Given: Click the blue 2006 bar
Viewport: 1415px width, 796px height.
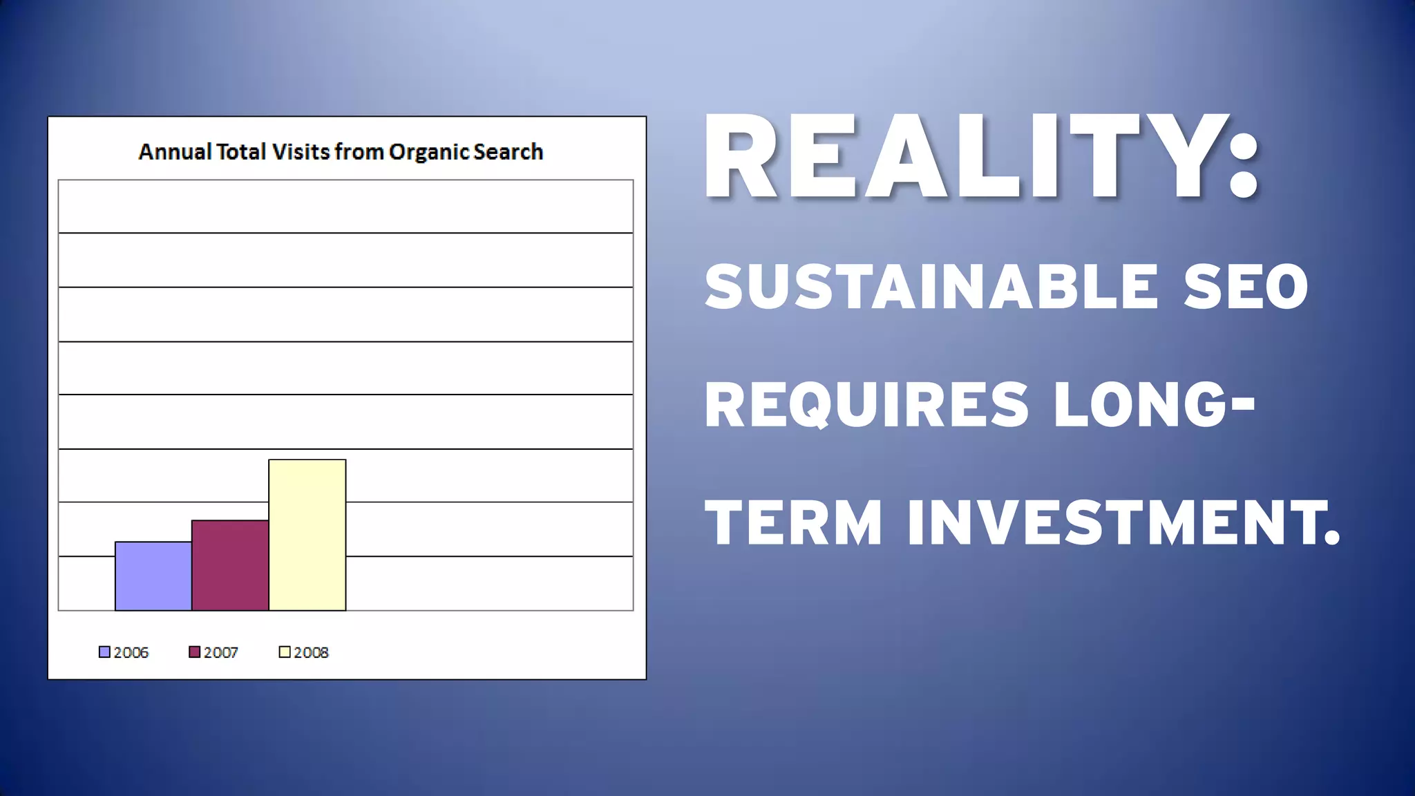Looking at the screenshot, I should [x=153, y=576].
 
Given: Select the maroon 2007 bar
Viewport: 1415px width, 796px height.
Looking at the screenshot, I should [x=230, y=565].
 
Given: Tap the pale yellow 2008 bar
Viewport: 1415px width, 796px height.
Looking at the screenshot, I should [x=307, y=535].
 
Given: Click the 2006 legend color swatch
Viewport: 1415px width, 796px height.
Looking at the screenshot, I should [x=104, y=652].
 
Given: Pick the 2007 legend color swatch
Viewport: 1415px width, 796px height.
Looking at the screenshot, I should [x=195, y=652].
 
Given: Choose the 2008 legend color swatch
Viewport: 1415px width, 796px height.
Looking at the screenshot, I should [x=285, y=652].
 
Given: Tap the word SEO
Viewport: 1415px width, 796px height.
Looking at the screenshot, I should [x=1245, y=287].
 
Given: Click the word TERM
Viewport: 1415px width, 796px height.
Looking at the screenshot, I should [x=793, y=522].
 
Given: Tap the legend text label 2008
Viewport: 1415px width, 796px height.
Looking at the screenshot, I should [x=311, y=652].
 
